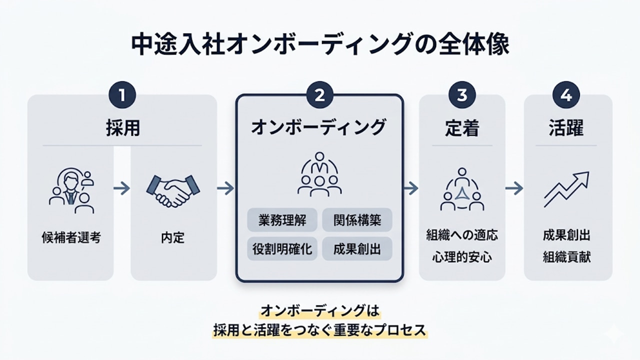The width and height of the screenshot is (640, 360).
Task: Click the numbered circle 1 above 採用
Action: coord(122,95)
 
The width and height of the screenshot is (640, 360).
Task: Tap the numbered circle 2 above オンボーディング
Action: coord(319,95)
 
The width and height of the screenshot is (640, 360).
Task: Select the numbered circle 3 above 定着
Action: coord(462,95)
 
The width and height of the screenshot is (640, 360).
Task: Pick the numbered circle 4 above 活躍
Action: coord(567,95)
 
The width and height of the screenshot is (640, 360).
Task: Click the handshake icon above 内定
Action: coord(172,190)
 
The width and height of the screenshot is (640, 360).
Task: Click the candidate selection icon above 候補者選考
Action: coord(71,190)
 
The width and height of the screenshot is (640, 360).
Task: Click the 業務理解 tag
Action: coord(282,220)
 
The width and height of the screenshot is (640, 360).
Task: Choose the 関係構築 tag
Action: coord(357,220)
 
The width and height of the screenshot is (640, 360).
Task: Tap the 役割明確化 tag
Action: coord(282,248)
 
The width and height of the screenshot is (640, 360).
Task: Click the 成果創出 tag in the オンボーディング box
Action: coord(357,248)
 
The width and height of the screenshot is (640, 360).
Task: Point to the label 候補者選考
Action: coord(71,237)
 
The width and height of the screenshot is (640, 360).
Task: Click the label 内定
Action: coord(173,237)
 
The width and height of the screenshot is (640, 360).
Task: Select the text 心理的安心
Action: coord(462,257)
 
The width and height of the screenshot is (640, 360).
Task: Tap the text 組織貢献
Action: coord(567,257)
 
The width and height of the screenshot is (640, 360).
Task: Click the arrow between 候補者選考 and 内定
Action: coord(121,188)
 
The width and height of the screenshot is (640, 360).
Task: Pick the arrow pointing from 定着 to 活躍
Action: coord(514,188)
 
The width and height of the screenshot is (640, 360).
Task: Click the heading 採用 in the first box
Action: coord(122,128)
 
